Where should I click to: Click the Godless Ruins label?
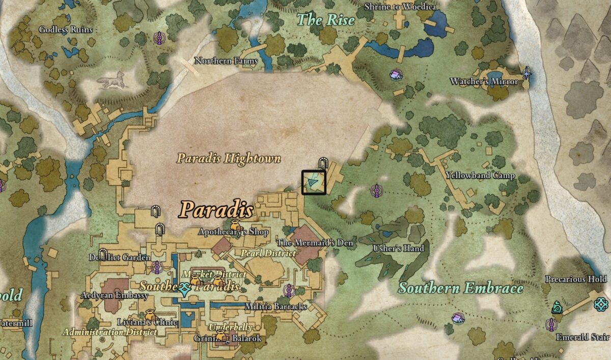[66, 30]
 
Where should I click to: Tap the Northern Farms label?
[226, 61]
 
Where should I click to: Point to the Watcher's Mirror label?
[484, 81]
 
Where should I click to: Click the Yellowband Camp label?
[480, 176]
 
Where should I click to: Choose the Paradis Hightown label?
[229, 158]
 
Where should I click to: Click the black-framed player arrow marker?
[313, 182]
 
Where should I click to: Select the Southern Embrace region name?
[460, 288]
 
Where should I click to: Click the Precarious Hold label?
[576, 279]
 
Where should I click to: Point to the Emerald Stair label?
[582, 337]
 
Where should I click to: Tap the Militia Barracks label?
[275, 307]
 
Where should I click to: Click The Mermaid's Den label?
[314, 243]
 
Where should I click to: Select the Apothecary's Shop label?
[233, 232]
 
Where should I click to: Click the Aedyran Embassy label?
[115, 295]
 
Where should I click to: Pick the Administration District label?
[109, 332]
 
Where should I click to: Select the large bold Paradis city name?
[216, 209]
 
